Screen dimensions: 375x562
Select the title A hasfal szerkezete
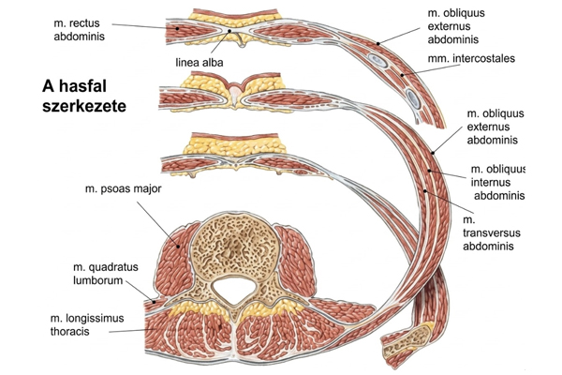84,95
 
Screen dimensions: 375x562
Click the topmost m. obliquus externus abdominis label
461,26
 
